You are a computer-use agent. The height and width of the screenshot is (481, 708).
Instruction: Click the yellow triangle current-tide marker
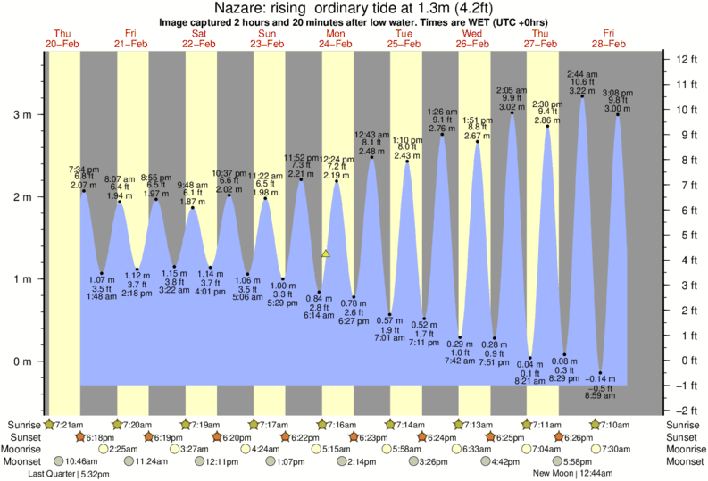click(x=326, y=253)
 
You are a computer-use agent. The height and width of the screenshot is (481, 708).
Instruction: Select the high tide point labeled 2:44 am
click(x=582, y=96)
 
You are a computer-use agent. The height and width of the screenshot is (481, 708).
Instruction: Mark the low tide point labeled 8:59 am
click(x=601, y=373)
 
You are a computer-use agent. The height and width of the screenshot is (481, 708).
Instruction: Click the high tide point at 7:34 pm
click(x=83, y=191)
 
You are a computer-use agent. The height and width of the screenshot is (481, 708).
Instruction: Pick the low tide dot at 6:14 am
click(x=320, y=293)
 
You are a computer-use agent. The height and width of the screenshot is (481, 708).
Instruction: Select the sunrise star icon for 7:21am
click(x=49, y=424)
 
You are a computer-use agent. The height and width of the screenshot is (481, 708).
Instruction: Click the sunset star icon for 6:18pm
click(x=80, y=436)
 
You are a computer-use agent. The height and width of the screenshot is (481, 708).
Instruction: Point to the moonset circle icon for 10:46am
click(x=60, y=461)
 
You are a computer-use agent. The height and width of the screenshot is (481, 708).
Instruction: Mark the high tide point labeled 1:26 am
click(x=443, y=134)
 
